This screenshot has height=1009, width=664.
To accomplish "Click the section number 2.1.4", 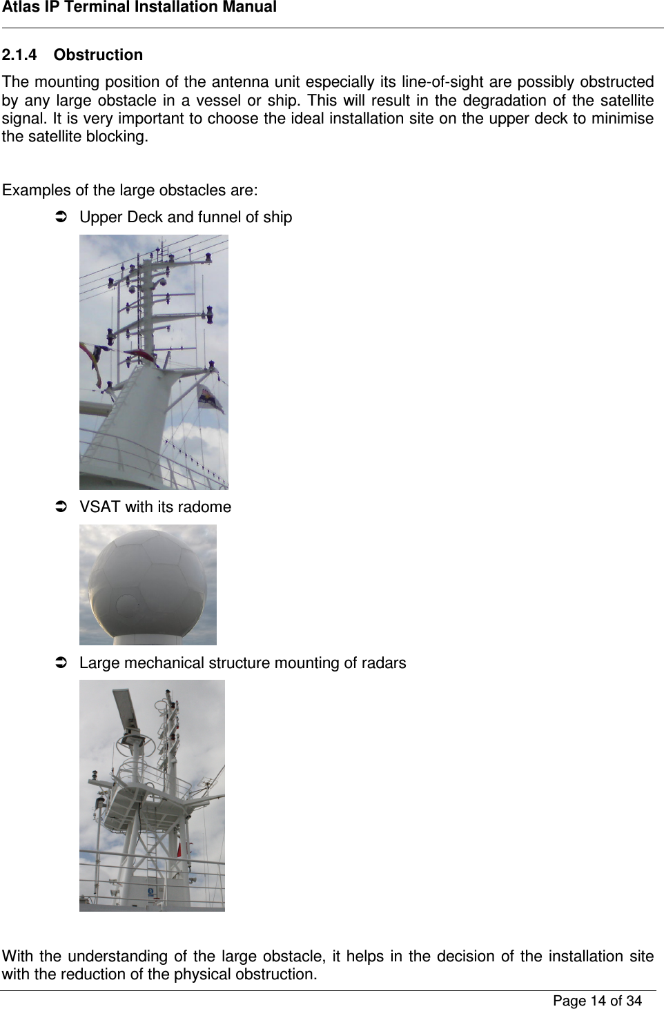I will pyautogui.click(x=19, y=55).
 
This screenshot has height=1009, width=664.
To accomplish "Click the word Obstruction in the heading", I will pyautogui.click(x=98, y=55).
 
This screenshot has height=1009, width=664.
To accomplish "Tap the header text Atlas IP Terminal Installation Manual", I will pyautogui.click(x=139, y=8).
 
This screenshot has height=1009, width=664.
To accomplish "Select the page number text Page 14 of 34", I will pyautogui.click(x=597, y=1001).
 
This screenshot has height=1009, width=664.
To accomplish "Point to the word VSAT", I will pyautogui.click(x=100, y=507).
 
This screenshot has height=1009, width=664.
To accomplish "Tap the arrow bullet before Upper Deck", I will pyautogui.click(x=60, y=217).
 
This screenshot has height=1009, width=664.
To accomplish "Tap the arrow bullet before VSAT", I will pyautogui.click(x=60, y=507).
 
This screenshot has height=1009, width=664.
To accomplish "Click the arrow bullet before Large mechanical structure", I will pyautogui.click(x=60, y=663).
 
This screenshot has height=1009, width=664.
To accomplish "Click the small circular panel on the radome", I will pyautogui.click(x=128, y=605).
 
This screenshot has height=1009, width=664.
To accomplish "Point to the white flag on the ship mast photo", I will pyautogui.click(x=209, y=399).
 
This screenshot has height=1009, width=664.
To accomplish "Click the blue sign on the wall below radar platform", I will pyautogui.click(x=150, y=892).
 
